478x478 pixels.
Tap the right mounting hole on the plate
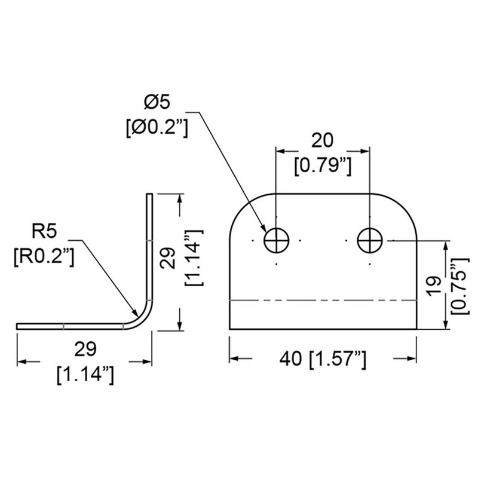370,241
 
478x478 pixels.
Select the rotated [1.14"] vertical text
195,261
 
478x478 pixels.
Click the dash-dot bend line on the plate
323,300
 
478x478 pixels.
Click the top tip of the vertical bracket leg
149,195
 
